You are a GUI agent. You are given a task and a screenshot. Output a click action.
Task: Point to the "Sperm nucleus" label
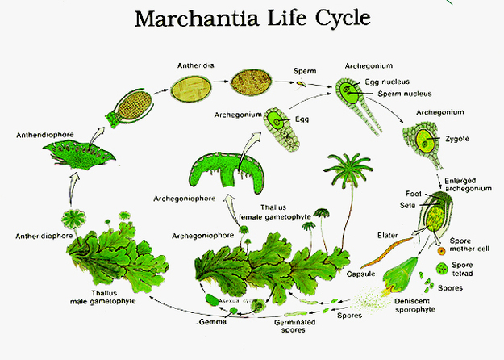point(394,94)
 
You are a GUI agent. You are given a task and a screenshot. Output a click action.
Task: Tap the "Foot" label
point(413,194)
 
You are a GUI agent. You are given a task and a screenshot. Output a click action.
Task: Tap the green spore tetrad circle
point(441,267)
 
